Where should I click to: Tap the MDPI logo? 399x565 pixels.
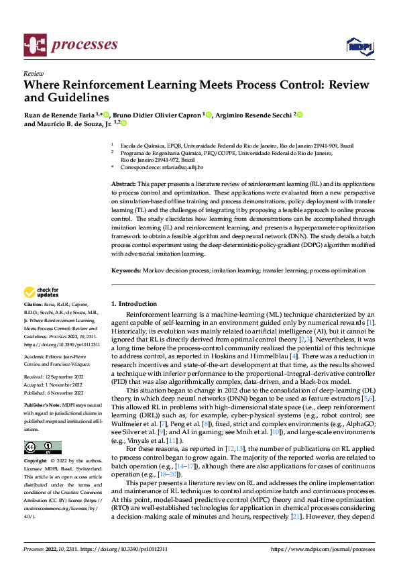359,46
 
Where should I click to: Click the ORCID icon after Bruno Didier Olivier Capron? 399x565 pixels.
209,115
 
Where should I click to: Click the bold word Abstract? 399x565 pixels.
125,183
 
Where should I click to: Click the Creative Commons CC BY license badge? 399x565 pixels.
42,447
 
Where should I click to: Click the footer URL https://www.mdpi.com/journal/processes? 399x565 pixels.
322,549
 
